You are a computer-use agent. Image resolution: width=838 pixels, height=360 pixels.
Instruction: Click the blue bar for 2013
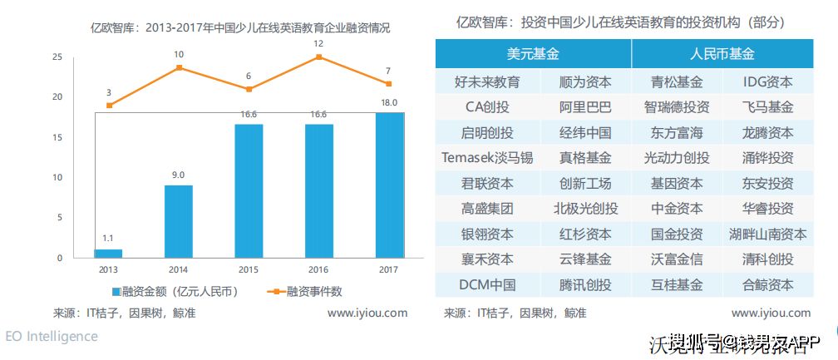[108, 253]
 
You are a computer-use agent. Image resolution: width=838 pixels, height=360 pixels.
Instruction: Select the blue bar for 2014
[178, 221]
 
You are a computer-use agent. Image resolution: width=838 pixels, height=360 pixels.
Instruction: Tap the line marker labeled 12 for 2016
[318, 57]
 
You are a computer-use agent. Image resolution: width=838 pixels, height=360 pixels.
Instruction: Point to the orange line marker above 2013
[109, 106]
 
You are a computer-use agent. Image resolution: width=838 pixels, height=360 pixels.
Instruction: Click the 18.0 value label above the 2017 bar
[389, 102]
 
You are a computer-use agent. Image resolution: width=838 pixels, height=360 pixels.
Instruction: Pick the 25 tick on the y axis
[57, 57]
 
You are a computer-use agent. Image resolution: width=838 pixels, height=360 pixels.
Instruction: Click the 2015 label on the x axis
[248, 269]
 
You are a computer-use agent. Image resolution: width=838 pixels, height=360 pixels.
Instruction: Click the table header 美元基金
[533, 54]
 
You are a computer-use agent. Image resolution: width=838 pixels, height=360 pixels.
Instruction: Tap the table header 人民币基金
[722, 54]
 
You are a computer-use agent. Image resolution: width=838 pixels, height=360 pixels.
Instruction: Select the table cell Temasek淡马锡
[487, 158]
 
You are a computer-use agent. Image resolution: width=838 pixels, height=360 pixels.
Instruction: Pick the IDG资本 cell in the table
[768, 82]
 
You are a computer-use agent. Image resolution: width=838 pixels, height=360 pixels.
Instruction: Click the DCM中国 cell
[487, 284]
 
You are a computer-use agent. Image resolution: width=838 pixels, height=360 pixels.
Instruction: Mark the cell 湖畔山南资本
[768, 234]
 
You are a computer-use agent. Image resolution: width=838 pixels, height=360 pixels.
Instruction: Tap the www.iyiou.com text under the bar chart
[367, 313]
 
